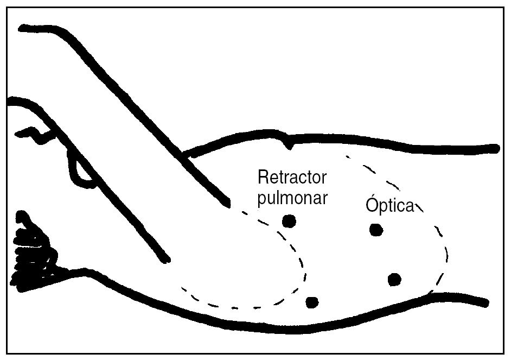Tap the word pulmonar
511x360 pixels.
tap(292, 198)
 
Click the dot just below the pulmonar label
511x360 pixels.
tap(289, 220)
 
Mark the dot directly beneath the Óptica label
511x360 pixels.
tap(375, 230)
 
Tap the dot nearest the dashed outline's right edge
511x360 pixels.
tap(394, 279)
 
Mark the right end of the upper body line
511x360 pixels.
tap(495, 148)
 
